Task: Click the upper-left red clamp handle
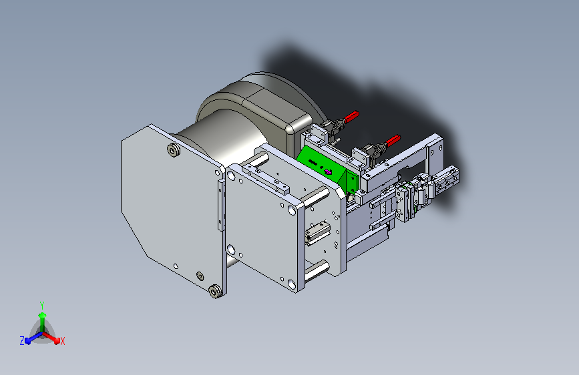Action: click(351, 117)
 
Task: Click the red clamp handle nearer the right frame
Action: click(393, 140)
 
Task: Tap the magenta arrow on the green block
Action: click(328, 171)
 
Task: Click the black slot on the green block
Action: click(313, 162)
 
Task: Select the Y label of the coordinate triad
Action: click(42, 305)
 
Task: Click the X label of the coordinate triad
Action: click(62, 341)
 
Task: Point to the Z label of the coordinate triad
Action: click(22, 341)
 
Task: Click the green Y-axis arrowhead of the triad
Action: click(43, 315)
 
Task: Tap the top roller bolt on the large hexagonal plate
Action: click(174, 150)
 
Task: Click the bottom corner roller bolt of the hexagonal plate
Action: click(215, 291)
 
